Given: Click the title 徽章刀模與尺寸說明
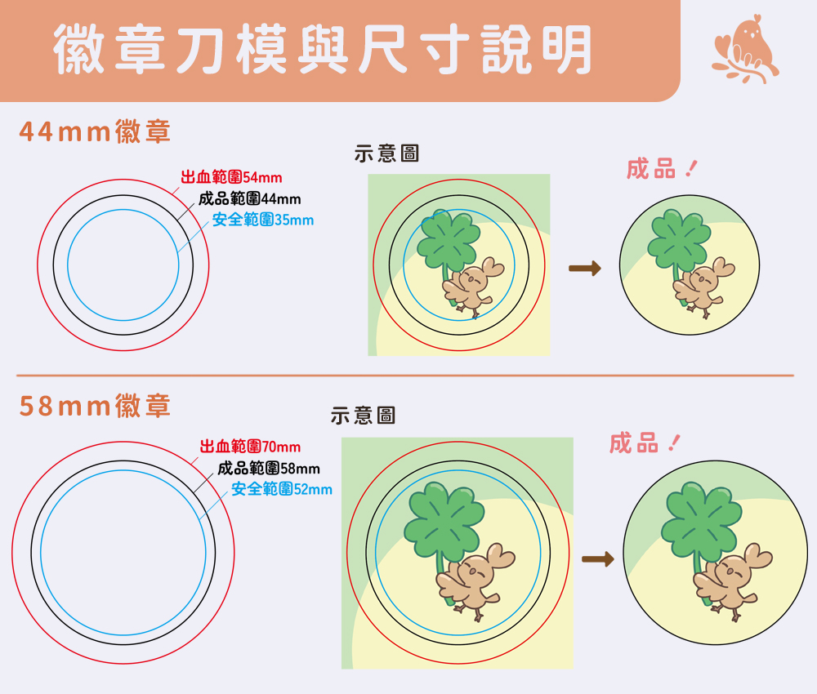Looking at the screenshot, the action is click(323, 49).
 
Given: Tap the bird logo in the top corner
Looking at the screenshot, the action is click(745, 50).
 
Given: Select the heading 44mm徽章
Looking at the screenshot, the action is click(95, 131).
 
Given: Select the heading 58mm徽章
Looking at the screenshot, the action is click(95, 406).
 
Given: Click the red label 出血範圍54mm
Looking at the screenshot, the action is click(231, 177).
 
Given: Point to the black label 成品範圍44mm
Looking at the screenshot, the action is click(249, 198).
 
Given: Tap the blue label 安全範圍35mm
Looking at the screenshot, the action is click(263, 220).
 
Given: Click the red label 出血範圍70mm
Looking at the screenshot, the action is click(250, 446).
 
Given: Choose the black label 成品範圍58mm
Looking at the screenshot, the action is click(268, 468).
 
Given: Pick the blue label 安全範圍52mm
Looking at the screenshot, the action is click(282, 489).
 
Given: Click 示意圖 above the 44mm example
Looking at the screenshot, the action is click(386, 153).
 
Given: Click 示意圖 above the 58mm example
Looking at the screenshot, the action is click(364, 416).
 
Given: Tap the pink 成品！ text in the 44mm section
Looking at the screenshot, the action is click(662, 169).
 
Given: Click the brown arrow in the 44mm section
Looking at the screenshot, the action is click(585, 269).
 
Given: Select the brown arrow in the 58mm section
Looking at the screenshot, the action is click(598, 559).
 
